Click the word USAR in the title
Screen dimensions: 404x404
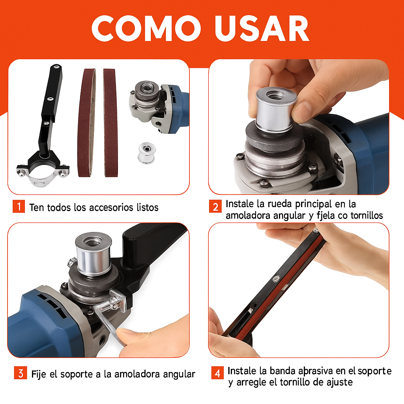(261, 28)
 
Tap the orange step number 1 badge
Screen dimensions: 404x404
(19, 206)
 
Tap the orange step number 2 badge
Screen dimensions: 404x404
(215, 206)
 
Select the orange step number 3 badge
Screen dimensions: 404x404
(20, 373)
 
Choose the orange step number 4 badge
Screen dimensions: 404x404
(217, 372)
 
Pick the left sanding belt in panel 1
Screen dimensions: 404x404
(86, 122)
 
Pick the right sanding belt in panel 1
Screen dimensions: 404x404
(110, 122)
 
